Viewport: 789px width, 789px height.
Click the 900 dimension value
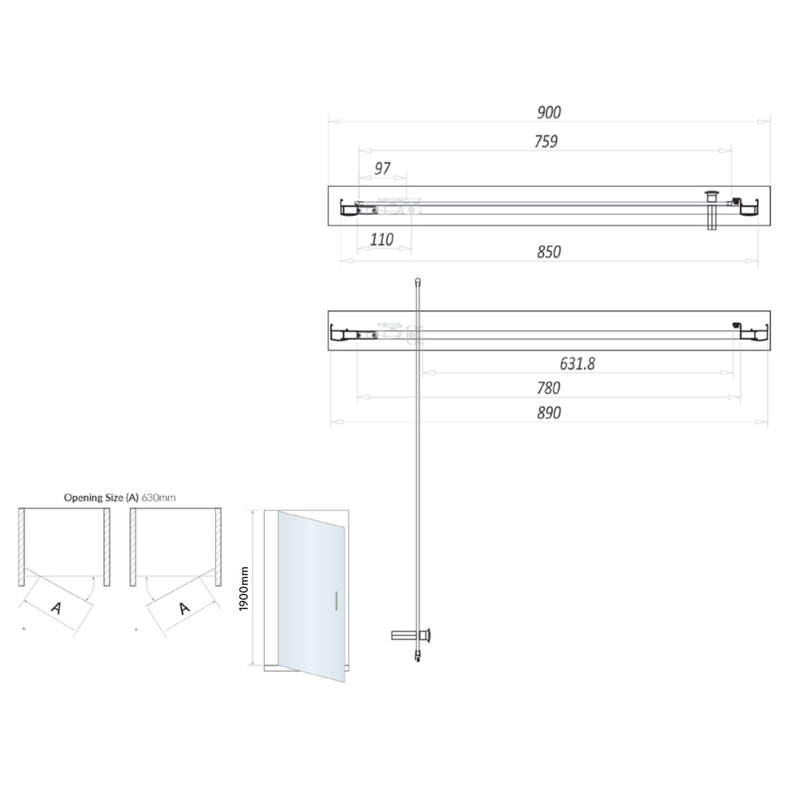tap(549, 113)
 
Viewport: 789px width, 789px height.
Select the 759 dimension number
tap(545, 141)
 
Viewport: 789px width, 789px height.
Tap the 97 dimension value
tap(382, 168)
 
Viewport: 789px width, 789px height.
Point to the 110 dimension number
tap(382, 240)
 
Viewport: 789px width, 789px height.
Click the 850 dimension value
tap(549, 252)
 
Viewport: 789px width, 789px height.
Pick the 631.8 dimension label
tap(577, 364)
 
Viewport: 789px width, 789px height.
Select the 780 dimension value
tap(549, 388)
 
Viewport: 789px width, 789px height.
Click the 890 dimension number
tap(549, 413)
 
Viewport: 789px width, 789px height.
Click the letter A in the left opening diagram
tap(56, 607)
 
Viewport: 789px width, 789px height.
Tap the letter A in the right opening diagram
tap(184, 607)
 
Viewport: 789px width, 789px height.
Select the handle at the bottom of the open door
tap(413, 635)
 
